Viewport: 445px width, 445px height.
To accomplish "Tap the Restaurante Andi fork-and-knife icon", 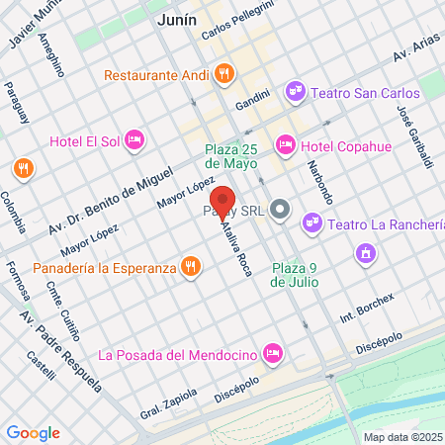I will (225, 72).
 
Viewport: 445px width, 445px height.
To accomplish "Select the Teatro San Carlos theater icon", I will (294, 92).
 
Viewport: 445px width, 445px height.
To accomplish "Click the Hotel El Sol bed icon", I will (135, 140).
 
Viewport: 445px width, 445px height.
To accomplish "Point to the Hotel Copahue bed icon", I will (286, 146).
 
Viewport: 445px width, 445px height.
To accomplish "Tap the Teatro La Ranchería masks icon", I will (312, 223).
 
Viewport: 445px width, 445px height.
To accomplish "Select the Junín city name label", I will (177, 19).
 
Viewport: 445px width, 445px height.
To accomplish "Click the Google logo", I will (33, 433).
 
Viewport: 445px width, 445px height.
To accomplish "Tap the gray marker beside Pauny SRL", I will (280, 210).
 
